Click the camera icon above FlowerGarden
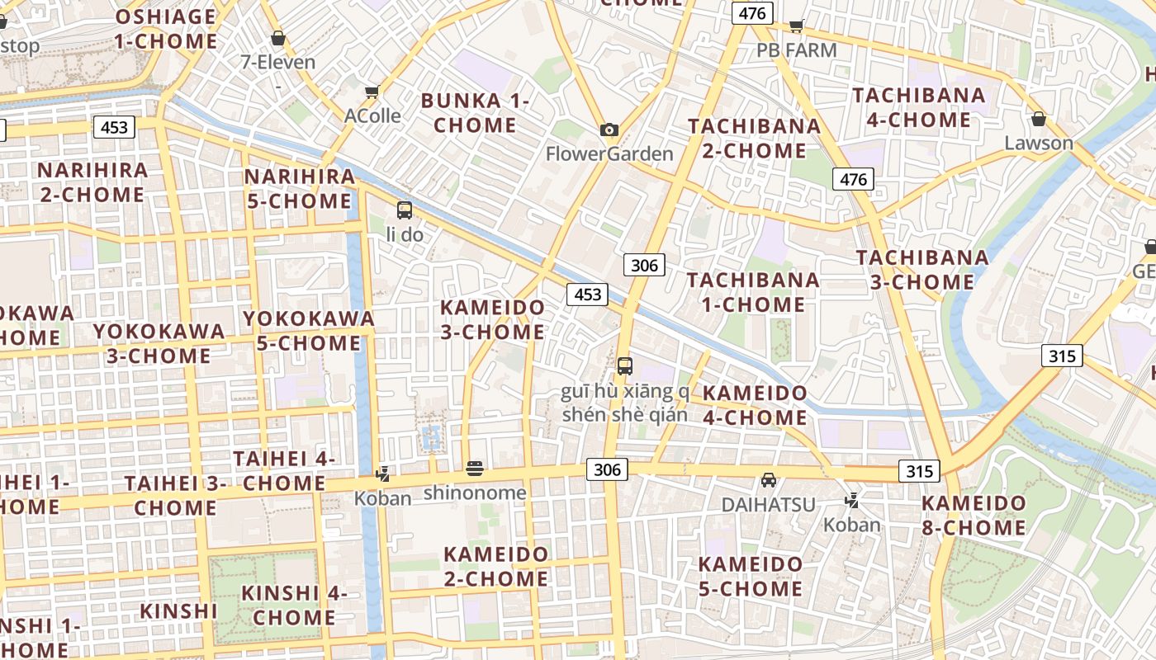click(x=609, y=130)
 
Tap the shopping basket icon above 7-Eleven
click(x=278, y=38)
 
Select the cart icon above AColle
click(x=372, y=92)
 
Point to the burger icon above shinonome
click(x=475, y=469)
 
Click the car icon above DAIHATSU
click(x=769, y=479)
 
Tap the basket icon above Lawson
click(x=1039, y=119)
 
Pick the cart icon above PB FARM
click(x=796, y=26)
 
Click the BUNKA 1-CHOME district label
click(x=475, y=113)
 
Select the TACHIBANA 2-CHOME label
click(x=754, y=139)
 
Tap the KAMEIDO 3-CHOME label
click(x=492, y=320)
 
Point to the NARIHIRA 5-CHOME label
click(x=299, y=189)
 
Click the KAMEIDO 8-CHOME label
click(x=974, y=515)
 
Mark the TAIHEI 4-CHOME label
click(x=284, y=470)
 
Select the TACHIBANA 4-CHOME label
click(x=918, y=107)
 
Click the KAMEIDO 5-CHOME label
click(x=750, y=577)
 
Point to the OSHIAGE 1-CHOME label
click(x=165, y=29)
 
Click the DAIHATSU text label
click(x=768, y=504)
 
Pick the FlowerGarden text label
click(x=609, y=153)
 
